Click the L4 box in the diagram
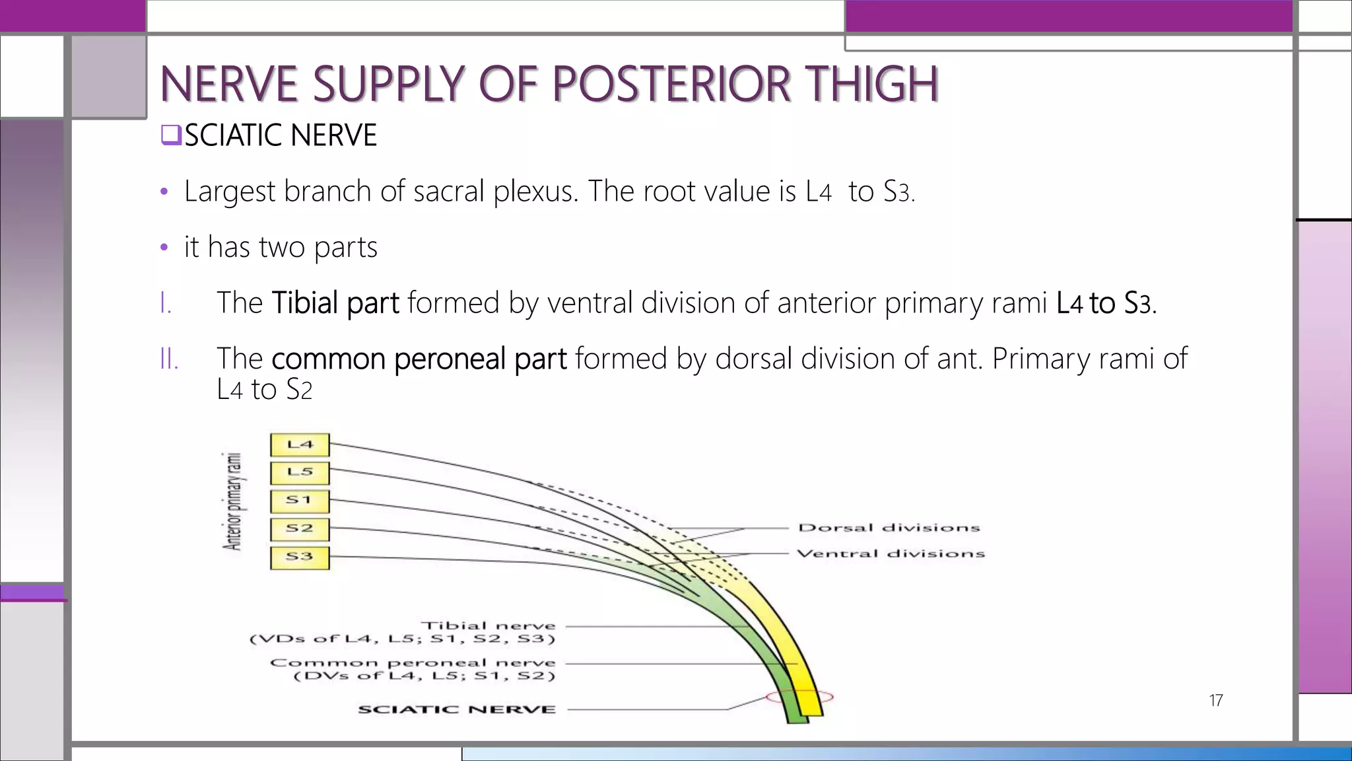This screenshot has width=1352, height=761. [x=300, y=445]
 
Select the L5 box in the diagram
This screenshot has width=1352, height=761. [x=300, y=472]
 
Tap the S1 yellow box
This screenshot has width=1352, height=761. [x=300, y=501]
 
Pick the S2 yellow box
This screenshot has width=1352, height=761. [x=300, y=528]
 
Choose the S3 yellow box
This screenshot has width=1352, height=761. [x=300, y=557]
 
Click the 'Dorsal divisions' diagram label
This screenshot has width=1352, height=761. [x=889, y=528]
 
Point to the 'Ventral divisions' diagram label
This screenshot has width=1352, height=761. [x=891, y=554]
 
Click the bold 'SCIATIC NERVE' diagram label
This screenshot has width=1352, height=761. [x=457, y=709]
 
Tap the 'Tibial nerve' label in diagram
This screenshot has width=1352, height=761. [x=489, y=626]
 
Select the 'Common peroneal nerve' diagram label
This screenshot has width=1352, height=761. [x=413, y=663]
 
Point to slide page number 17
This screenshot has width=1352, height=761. [x=1215, y=700]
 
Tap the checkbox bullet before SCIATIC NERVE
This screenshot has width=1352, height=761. [x=170, y=135]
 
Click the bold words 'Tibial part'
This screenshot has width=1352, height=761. [x=335, y=303]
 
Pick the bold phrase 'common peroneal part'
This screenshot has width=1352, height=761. [x=419, y=359]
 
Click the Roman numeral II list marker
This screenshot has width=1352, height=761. [x=169, y=359]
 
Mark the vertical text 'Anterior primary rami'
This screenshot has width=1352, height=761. [x=232, y=501]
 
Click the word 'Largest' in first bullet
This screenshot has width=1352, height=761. [x=230, y=192]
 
